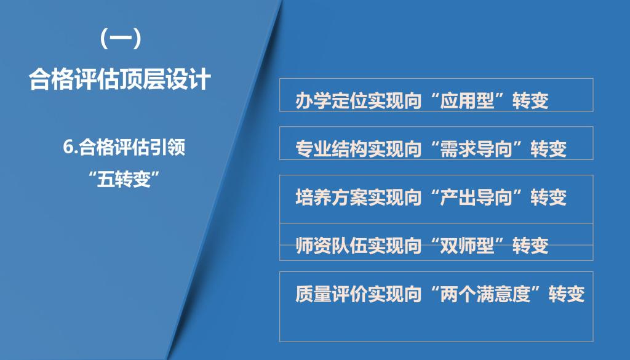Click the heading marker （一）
(x=121, y=39)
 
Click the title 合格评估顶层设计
(x=120, y=79)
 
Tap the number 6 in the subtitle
(x=68, y=147)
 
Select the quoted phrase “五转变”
(x=124, y=179)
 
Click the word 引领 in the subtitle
(x=167, y=147)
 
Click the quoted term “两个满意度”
(x=485, y=294)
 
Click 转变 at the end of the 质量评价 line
(x=567, y=294)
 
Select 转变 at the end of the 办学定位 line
(x=530, y=100)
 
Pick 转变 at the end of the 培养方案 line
(x=548, y=198)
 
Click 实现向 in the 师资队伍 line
(x=394, y=246)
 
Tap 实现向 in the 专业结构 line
(x=394, y=149)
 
